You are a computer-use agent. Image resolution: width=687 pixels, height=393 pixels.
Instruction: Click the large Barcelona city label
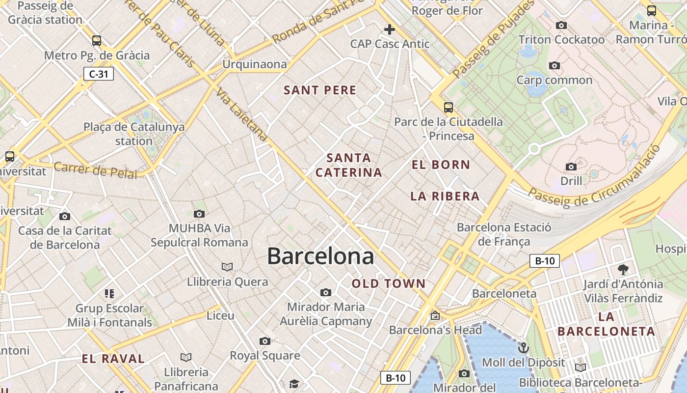[x=320, y=256]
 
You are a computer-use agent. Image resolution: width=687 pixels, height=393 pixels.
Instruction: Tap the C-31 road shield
[x=98, y=74]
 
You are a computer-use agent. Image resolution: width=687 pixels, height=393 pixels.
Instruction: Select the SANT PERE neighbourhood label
[x=320, y=90]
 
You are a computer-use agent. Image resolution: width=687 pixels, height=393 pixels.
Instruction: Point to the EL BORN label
[x=441, y=165]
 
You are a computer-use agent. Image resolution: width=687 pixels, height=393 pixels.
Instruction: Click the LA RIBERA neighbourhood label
[x=445, y=196]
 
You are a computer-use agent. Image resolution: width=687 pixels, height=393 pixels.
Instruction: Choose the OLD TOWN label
[x=389, y=283]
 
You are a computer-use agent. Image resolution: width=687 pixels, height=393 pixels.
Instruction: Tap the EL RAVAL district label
[x=113, y=359]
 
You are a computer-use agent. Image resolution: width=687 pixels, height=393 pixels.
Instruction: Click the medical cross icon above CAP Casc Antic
[x=390, y=29]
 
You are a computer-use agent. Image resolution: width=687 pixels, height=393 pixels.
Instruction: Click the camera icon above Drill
[x=571, y=167]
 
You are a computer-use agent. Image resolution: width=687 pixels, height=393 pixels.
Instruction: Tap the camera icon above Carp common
[x=555, y=65]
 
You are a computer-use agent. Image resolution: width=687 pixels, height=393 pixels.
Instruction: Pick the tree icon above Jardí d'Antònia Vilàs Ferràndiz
[x=623, y=269]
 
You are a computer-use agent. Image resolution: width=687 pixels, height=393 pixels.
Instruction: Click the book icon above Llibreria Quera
[x=227, y=267]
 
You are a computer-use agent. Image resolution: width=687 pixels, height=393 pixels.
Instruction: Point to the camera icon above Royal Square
[x=265, y=341]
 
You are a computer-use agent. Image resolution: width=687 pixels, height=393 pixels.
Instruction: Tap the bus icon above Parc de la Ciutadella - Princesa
[x=448, y=108]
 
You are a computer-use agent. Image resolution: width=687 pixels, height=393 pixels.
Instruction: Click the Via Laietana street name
[x=241, y=115]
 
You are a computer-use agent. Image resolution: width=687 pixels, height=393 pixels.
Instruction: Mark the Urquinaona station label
[x=255, y=64]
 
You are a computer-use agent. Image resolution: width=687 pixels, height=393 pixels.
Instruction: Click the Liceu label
[x=220, y=315]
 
